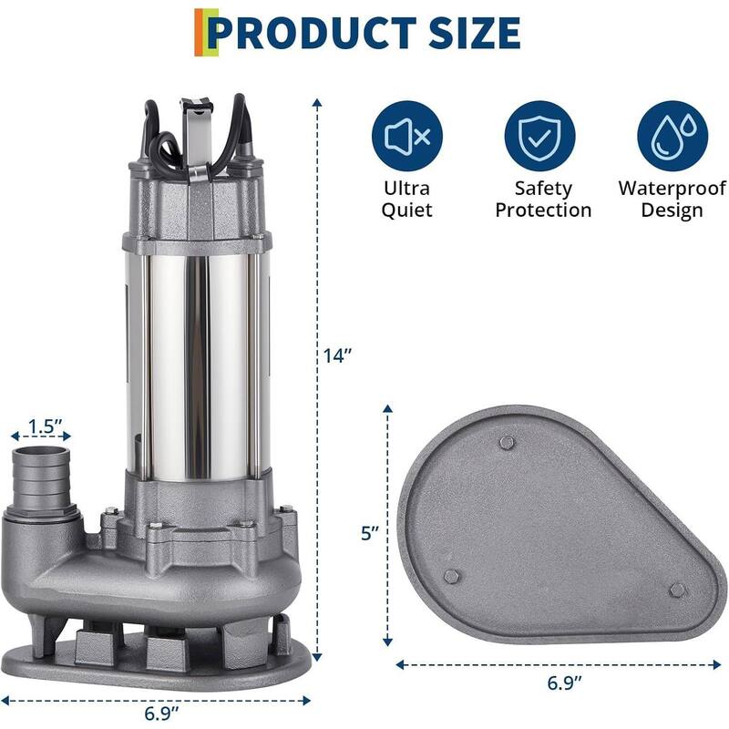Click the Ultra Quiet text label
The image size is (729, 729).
407,200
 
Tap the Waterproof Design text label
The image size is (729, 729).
673,200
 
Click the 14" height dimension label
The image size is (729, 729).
339,356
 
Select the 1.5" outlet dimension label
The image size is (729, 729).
44,426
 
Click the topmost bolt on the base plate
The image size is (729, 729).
508,443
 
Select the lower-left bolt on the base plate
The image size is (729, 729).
451,577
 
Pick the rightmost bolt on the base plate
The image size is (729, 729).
675,590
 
